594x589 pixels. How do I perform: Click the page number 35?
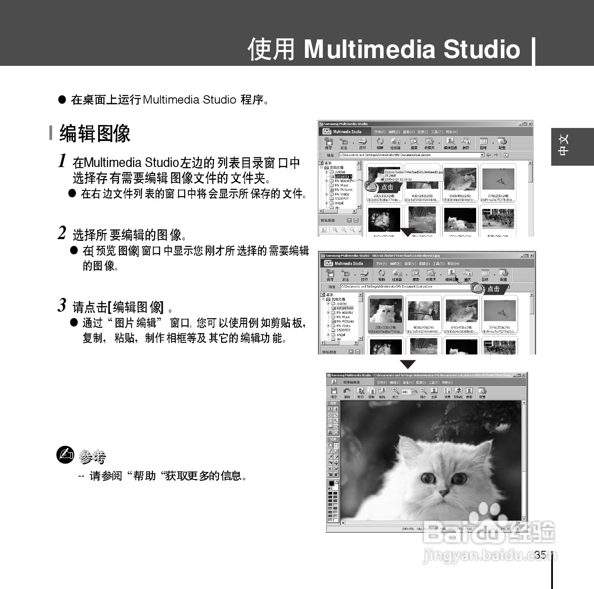click(540, 555)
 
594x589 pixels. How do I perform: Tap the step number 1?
click(63, 161)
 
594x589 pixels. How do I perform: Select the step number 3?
click(62, 305)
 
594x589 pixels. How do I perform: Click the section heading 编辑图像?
click(95, 134)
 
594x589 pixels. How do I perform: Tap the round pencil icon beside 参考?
click(65, 455)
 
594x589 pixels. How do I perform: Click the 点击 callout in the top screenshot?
click(387, 187)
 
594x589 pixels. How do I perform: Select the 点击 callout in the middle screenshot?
click(493, 289)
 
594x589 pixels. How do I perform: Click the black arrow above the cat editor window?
click(407, 364)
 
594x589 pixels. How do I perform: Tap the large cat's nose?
click(441, 495)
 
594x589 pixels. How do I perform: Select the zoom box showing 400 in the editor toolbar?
click(406, 392)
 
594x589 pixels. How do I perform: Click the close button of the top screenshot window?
click(530, 124)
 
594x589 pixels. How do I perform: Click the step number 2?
click(62, 233)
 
